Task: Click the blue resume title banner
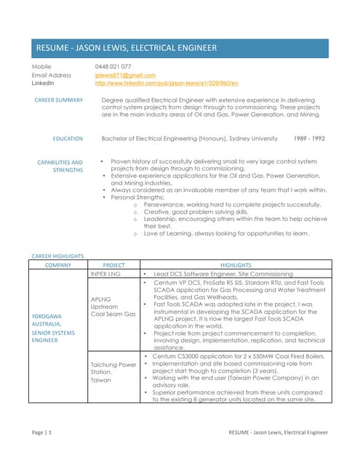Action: [x=180, y=48]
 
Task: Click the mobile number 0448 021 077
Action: [x=113, y=67]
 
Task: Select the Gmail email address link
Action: [x=125, y=75]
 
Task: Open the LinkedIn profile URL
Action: [x=167, y=84]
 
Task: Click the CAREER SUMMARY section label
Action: [x=59, y=100]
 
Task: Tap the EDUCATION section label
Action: [x=68, y=138]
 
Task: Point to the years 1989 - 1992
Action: [x=309, y=138]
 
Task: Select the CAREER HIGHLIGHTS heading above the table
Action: [x=57, y=256]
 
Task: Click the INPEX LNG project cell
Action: [x=106, y=273]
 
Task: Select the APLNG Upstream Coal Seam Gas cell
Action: [x=113, y=306]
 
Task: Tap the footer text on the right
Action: [x=278, y=432]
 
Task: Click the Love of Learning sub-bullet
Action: [x=225, y=233]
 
